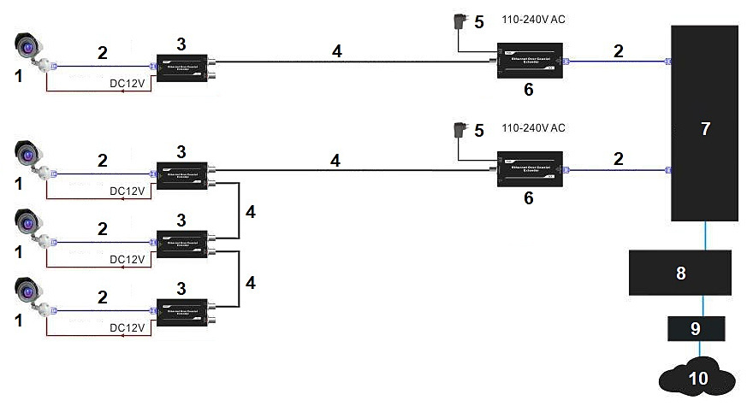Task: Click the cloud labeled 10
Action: (699, 378)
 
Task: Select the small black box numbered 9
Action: (696, 327)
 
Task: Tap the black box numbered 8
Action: (680, 274)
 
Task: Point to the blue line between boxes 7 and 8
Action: (705, 236)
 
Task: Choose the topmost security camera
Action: (29, 45)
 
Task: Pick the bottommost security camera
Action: (29, 292)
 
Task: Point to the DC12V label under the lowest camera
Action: (127, 327)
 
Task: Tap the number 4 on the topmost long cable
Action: (337, 52)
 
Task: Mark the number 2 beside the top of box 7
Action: (618, 50)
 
